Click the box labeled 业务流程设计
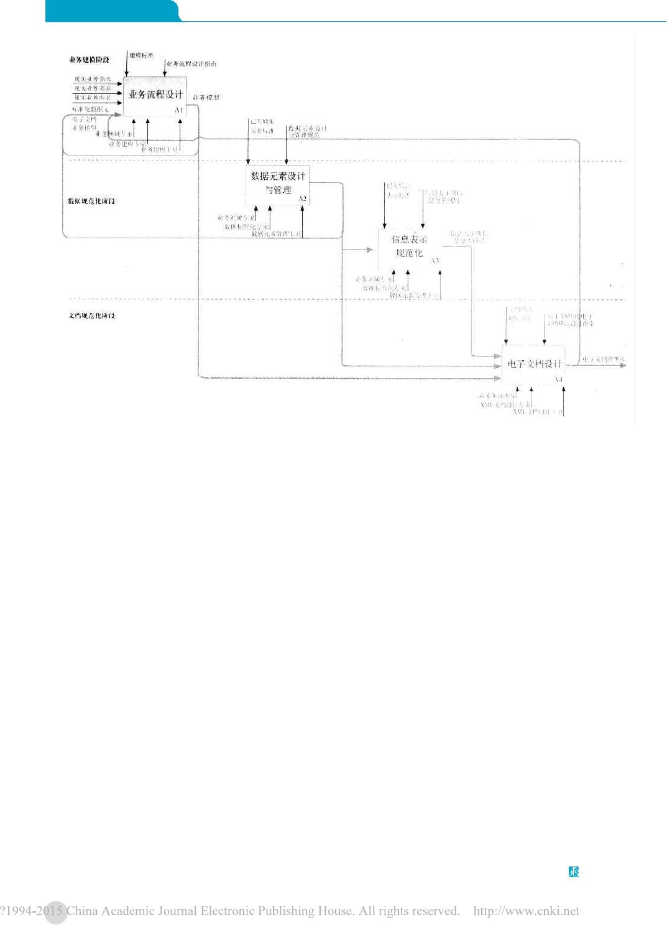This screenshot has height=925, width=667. click(x=155, y=95)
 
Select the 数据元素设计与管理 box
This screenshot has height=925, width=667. click(x=278, y=183)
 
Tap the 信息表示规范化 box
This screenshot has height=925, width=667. click(x=409, y=246)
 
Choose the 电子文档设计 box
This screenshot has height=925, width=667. click(x=534, y=364)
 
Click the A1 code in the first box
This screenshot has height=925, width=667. click(x=179, y=110)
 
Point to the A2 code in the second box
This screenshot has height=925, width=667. click(x=303, y=199)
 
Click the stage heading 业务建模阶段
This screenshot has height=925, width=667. click(x=89, y=60)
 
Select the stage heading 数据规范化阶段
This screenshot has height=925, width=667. click(x=91, y=202)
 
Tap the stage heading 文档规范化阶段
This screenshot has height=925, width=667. click(x=91, y=316)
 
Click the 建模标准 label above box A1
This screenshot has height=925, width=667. click(x=141, y=56)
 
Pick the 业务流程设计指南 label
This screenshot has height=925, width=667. click(x=192, y=64)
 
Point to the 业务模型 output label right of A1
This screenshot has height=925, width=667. click(x=206, y=98)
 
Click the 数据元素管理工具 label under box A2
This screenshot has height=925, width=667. click(x=277, y=234)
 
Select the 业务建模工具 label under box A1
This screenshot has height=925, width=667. click(x=160, y=149)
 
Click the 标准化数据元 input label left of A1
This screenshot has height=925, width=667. click(x=91, y=109)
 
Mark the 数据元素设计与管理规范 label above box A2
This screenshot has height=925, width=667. click(x=306, y=131)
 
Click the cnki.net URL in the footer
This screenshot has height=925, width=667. click(x=526, y=911)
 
